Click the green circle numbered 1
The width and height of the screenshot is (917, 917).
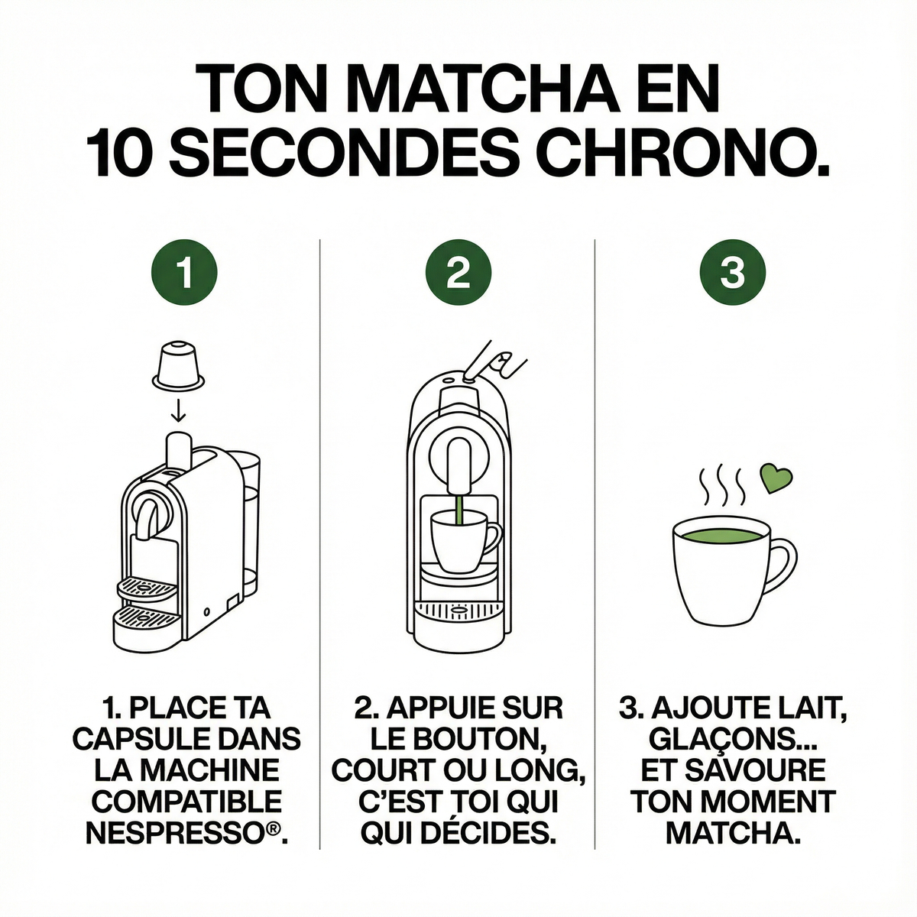pos(184,273)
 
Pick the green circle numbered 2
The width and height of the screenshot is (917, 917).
pos(458,273)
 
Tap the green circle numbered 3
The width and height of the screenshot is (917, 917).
pos(732,273)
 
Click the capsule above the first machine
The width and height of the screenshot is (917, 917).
pos(178,364)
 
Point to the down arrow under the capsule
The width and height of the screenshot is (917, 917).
pos(179,410)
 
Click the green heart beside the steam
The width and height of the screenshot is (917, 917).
pos(776,478)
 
